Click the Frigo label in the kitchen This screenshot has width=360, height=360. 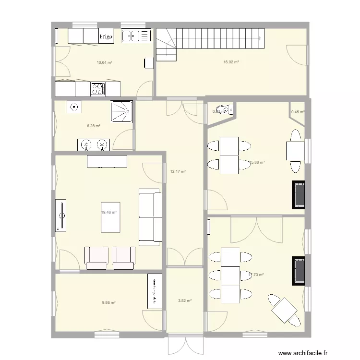pos(106,36)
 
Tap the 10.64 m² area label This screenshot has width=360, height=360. pos(104,62)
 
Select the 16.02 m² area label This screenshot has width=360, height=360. pos(231,62)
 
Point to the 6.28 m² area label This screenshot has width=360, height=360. pos(93,126)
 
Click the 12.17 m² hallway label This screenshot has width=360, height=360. pos(178,171)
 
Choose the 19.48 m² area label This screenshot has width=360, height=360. pos(109,212)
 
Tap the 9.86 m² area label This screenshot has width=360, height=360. pos(108,302)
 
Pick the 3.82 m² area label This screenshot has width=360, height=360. pos(185,301)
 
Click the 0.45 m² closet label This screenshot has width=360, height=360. pos(298,112)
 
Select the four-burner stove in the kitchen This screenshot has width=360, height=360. pos(98,88)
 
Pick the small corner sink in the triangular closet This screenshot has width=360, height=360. pos(222,109)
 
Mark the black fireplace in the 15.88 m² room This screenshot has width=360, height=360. pos(299,195)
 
